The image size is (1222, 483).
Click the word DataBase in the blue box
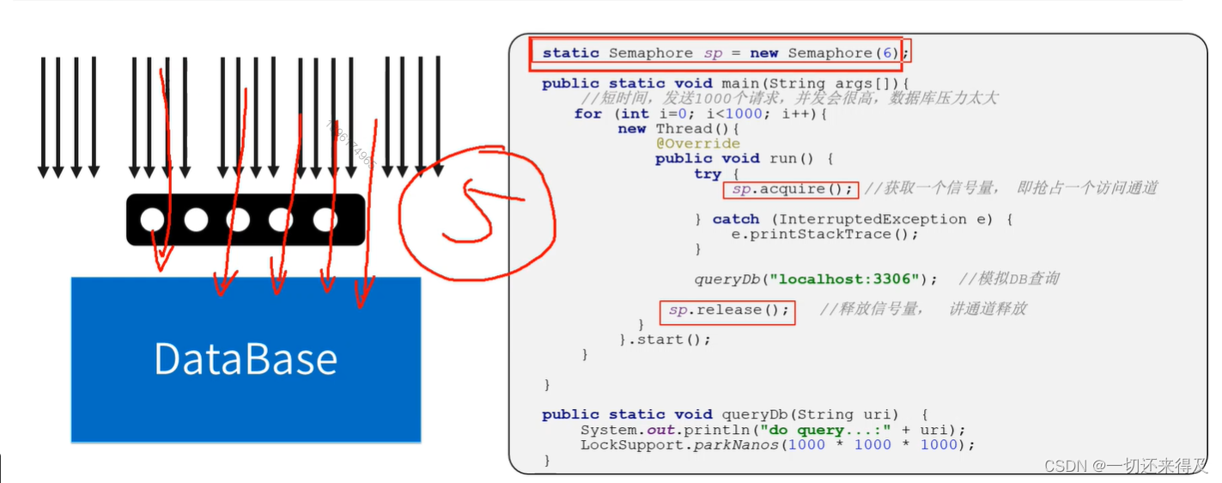[246, 358]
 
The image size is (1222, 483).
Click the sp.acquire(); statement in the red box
[790, 189]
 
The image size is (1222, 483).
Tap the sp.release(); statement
[728, 310]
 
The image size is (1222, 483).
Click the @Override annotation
[697, 144]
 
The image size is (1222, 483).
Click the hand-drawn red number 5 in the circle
[471, 210]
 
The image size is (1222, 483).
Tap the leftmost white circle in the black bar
[152, 220]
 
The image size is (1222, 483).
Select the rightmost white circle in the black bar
[325, 220]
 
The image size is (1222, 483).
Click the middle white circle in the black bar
[238, 220]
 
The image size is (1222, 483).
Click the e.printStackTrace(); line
[824, 234]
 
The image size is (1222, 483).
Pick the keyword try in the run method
[708, 174]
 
